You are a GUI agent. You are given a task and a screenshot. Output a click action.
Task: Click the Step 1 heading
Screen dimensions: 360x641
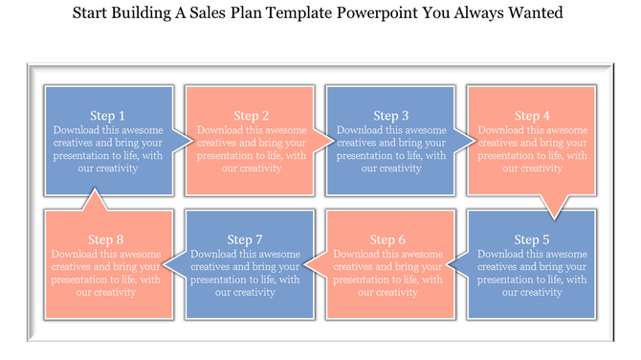(x=108, y=116)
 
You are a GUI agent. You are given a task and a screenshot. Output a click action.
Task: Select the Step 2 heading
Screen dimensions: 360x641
(x=252, y=116)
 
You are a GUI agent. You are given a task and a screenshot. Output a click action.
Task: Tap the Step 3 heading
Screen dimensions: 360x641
(x=391, y=116)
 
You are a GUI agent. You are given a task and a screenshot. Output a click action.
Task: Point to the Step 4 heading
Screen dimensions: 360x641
(x=532, y=116)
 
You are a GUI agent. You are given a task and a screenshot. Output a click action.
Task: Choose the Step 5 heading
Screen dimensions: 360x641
(x=532, y=239)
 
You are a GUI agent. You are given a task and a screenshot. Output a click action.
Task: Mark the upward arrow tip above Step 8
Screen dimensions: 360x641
(x=94, y=190)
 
